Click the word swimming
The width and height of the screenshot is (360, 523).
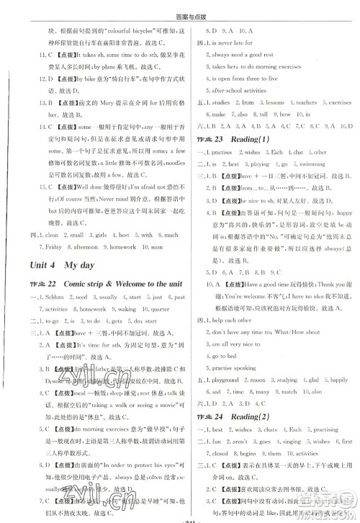coord(314,164)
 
